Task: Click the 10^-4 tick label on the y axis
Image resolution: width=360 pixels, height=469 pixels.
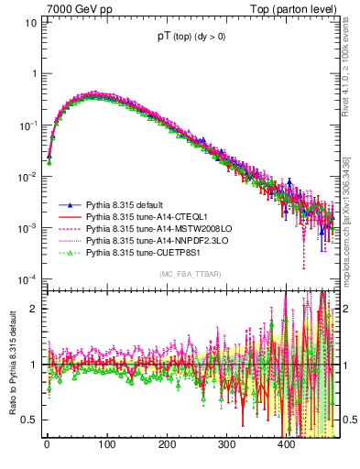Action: coord(28,278)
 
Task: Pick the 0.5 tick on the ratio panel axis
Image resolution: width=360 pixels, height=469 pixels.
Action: coord(28,420)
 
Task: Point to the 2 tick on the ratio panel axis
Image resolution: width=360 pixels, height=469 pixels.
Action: coord(34,308)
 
